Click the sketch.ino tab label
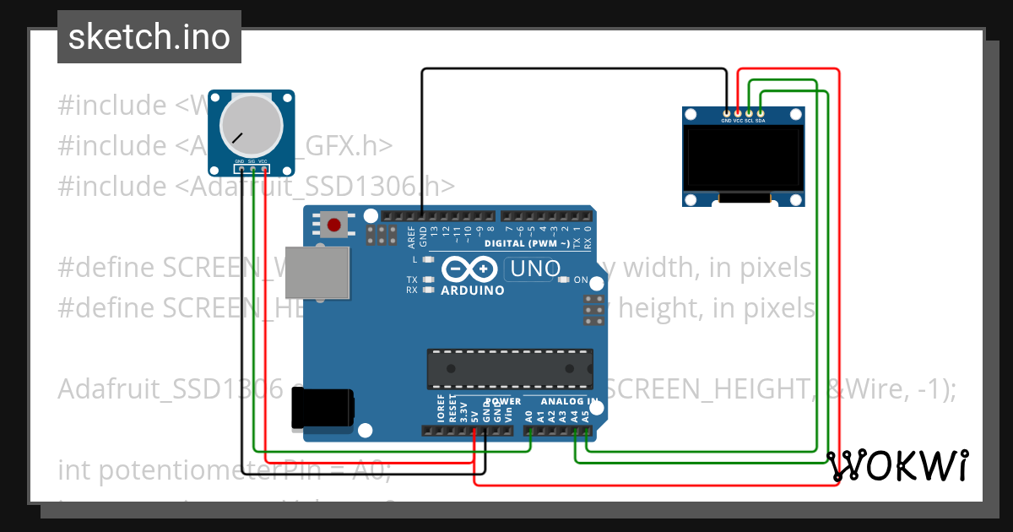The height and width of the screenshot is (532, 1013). tap(149, 37)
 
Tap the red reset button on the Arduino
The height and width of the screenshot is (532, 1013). tap(334, 225)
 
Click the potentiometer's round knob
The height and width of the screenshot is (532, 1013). tap(251, 124)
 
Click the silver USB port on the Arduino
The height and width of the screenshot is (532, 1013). tap(317, 272)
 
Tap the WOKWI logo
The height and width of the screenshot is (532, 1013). tap(897, 465)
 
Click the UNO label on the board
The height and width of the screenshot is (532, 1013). tap(533, 269)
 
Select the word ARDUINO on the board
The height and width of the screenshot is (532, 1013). tap(473, 290)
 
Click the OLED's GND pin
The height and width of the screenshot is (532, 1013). tap(727, 112)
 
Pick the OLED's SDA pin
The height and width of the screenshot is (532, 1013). tap(760, 112)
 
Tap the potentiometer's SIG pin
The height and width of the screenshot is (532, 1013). tap(252, 169)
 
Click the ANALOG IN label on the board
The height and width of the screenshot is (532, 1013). tap(569, 401)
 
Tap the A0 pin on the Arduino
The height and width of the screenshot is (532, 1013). tap(528, 430)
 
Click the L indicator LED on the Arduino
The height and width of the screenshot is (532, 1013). tap(429, 260)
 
